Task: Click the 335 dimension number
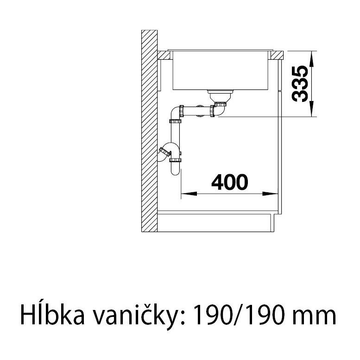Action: pyautogui.click(x=300, y=84)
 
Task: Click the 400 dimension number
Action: pyautogui.click(x=230, y=182)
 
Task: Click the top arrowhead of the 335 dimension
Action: pyautogui.click(x=311, y=59)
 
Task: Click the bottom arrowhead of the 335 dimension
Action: pyautogui.click(x=311, y=108)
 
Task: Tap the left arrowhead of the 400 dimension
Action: pyautogui.click(x=189, y=194)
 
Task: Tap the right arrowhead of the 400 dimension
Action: pyautogui.click(x=270, y=194)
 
